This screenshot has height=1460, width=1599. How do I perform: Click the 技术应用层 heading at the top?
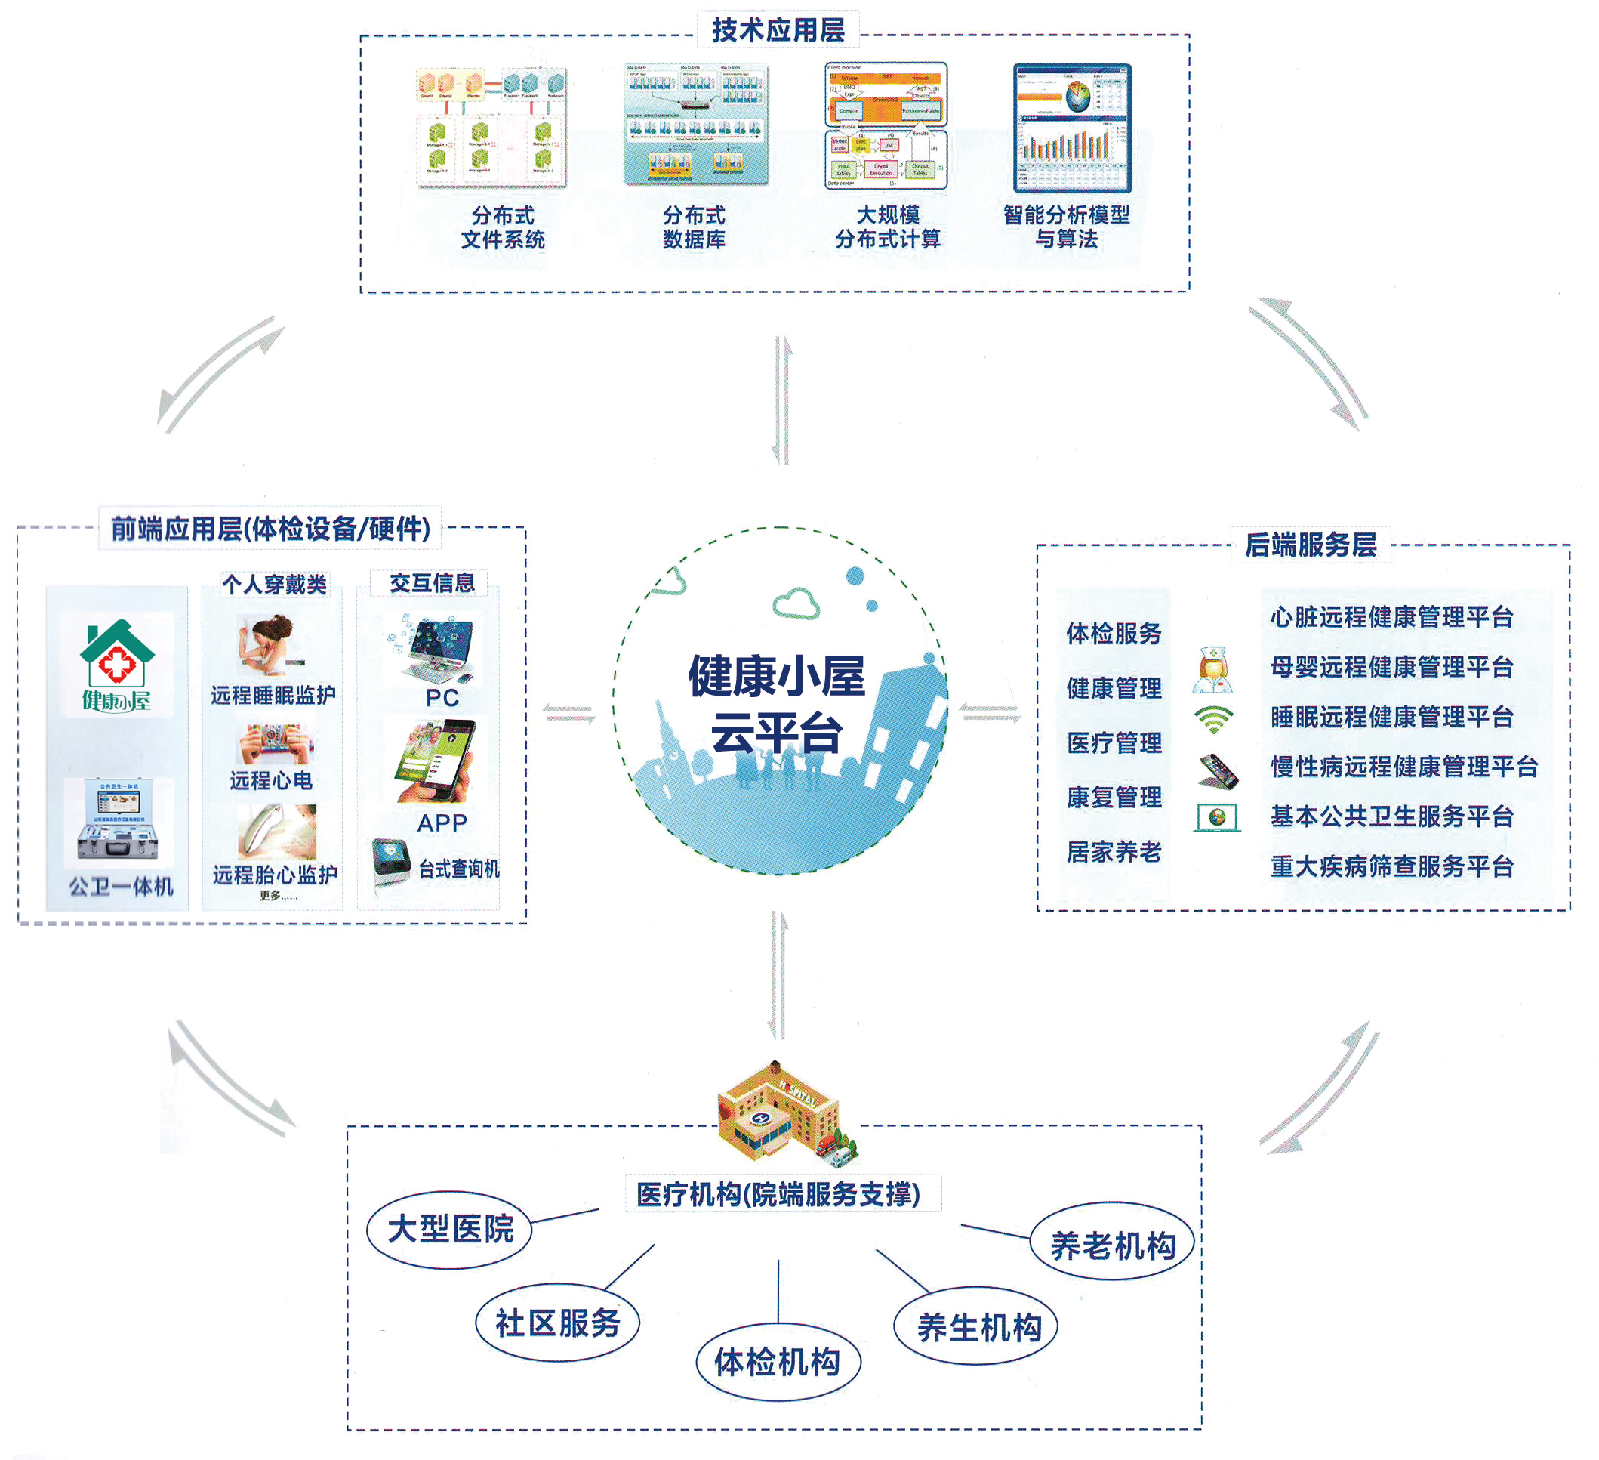pyautogui.click(x=778, y=30)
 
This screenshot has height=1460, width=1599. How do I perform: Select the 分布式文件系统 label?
pyautogui.click(x=503, y=227)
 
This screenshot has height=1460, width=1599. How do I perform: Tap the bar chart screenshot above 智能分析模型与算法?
pyautogui.click(x=1072, y=128)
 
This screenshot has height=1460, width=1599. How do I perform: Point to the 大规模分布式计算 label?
pyautogui.click(x=888, y=227)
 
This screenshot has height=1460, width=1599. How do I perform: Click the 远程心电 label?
pyautogui.click(x=271, y=781)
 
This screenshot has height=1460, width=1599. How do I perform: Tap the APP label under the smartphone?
pyautogui.click(x=442, y=823)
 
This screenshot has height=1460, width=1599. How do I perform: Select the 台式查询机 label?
pyautogui.click(x=458, y=869)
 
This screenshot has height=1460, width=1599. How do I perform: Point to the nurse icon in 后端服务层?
pyautogui.click(x=1212, y=670)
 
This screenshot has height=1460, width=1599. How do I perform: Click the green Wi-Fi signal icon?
pyautogui.click(x=1213, y=720)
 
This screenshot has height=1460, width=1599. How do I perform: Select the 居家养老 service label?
pyautogui.click(x=1114, y=851)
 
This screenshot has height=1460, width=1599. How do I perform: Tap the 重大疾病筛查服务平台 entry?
pyautogui.click(x=1391, y=866)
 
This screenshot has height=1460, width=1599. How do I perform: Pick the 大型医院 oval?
pyautogui.click(x=450, y=1229)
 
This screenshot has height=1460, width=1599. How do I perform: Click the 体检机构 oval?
pyautogui.click(x=778, y=1363)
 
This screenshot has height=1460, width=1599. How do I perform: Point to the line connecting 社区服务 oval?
pyautogui.click(x=630, y=1267)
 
